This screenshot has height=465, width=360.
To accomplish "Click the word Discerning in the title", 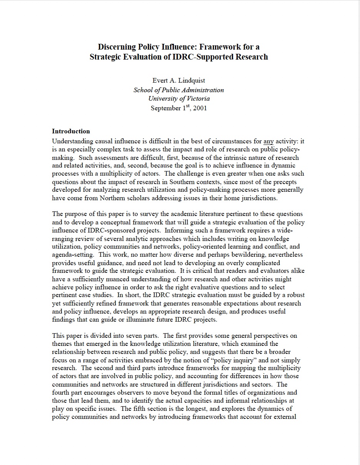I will (117, 47).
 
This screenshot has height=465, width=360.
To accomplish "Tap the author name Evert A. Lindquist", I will (178, 80).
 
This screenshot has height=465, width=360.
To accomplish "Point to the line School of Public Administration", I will (178, 90).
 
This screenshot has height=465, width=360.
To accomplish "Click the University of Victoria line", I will (179, 99).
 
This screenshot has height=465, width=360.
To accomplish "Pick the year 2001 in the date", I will (200, 108).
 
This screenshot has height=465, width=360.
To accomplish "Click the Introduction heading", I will (71, 131).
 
